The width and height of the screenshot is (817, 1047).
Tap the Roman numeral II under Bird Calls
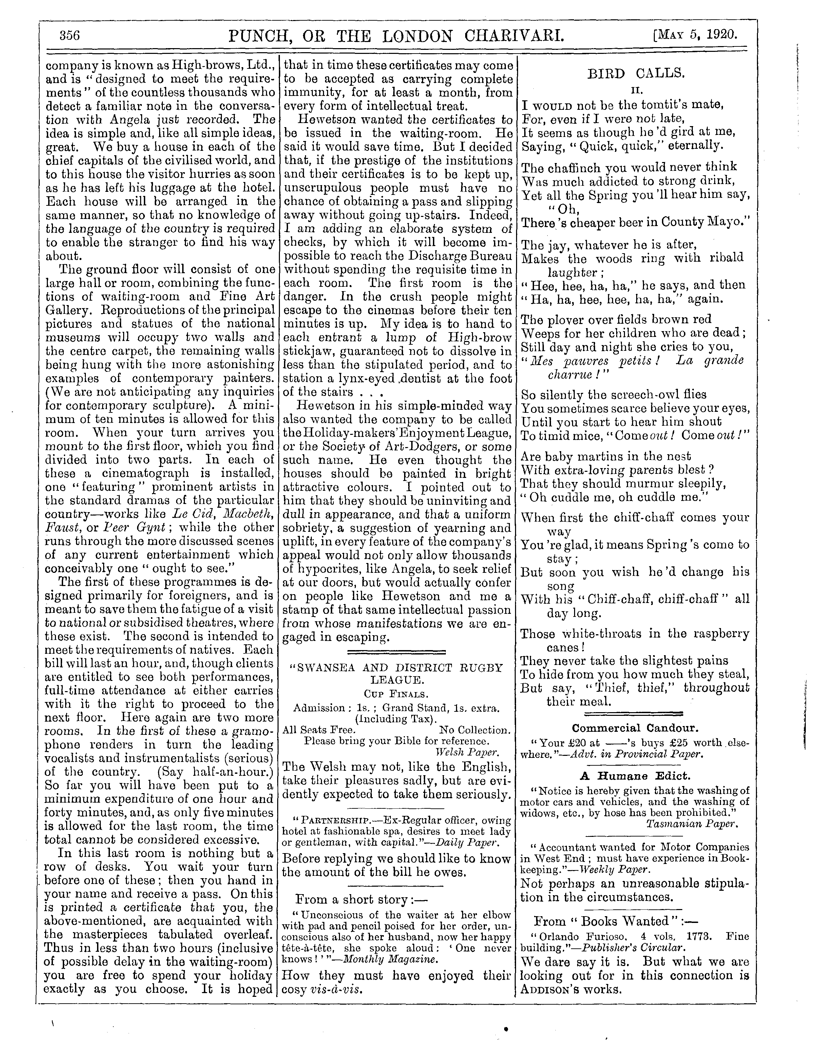tap(636, 89)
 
